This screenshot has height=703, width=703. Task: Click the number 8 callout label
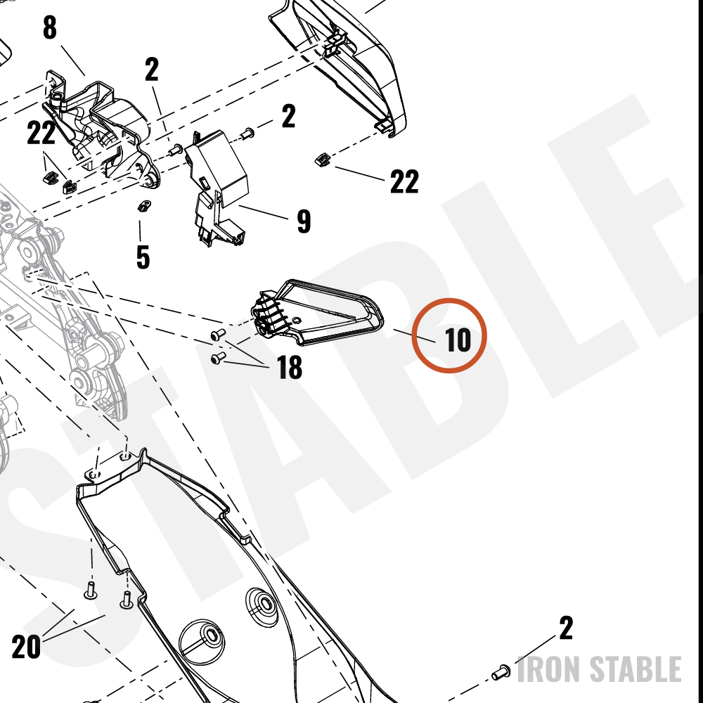[50, 28]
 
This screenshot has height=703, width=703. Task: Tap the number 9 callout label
[304, 221]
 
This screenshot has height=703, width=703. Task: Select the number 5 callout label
[143, 257]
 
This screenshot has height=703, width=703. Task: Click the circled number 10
[458, 340]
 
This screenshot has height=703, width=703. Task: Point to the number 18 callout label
[290, 367]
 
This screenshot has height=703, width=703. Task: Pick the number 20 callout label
[26, 647]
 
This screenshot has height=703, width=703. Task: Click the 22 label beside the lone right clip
[404, 181]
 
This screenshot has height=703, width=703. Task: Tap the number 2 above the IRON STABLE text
[566, 628]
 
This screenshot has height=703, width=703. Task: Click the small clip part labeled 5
[143, 206]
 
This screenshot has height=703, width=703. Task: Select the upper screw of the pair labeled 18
[218, 335]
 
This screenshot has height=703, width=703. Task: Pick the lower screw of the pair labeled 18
[218, 358]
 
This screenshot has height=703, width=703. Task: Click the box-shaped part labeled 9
[217, 186]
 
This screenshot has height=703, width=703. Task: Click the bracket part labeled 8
[101, 130]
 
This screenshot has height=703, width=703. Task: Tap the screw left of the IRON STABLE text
[501, 672]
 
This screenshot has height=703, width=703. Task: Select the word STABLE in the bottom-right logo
[635, 669]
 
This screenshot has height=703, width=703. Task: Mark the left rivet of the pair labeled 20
[91, 591]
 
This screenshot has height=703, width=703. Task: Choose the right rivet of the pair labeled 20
[127, 600]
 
